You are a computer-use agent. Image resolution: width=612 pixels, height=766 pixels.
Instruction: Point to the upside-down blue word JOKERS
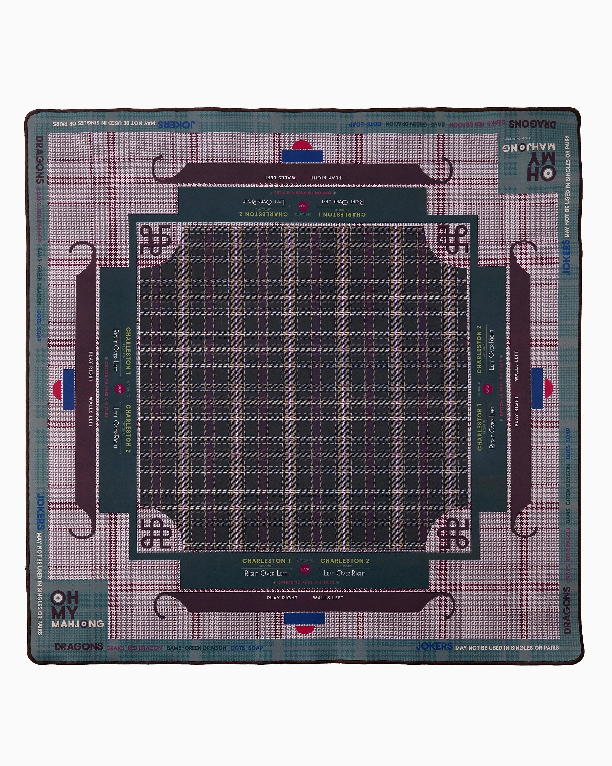[176, 125]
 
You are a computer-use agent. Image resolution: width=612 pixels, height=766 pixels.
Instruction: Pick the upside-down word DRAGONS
[532, 124]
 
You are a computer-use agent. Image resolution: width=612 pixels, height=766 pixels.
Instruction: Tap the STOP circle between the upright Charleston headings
[304, 569]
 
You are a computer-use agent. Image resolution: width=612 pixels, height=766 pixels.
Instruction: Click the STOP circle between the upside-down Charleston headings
[303, 206]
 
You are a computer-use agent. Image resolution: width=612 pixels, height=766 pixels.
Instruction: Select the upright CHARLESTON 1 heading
[266, 561]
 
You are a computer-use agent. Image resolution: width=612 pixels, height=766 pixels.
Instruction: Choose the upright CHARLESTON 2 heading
[345, 561]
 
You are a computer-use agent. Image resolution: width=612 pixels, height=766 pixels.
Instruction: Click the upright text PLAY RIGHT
[282, 598]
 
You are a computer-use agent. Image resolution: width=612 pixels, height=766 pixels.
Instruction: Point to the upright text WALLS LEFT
[328, 598]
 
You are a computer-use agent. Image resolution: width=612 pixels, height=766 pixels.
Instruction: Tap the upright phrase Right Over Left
[265, 573]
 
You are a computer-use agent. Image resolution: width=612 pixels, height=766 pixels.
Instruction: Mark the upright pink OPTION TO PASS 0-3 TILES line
[306, 582]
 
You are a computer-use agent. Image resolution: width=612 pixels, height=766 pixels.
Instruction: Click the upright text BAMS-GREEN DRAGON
[196, 648]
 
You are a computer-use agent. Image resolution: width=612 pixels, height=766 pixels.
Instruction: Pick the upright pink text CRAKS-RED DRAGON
[134, 648]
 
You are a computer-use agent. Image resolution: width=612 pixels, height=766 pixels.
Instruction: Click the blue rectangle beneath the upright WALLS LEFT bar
[304, 619]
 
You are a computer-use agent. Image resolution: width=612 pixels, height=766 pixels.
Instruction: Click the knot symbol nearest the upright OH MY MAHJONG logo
[156, 533]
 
